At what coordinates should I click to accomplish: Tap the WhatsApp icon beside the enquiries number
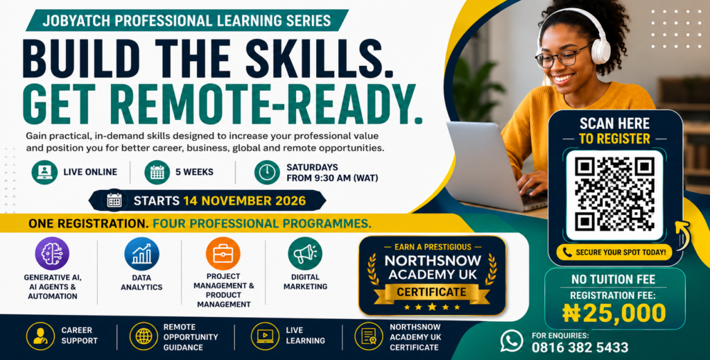pyautogui.click(x=512, y=341)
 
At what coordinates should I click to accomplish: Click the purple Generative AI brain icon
pyautogui.click(x=52, y=254)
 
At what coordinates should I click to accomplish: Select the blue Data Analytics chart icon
pyautogui.click(x=141, y=254)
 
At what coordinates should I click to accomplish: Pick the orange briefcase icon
pyautogui.click(x=223, y=254)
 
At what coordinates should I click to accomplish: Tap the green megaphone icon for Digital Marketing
pyautogui.click(x=305, y=254)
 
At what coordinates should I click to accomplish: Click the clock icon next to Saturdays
pyautogui.click(x=267, y=172)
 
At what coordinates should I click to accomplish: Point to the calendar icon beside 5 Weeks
pyautogui.click(x=157, y=172)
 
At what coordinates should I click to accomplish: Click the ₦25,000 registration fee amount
pyautogui.click(x=614, y=313)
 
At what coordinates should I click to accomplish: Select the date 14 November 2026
pyautogui.click(x=245, y=200)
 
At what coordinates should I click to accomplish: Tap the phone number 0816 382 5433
pyautogui.click(x=580, y=348)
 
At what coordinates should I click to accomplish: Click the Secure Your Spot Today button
pyautogui.click(x=614, y=252)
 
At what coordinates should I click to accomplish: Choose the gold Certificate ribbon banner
pyautogui.click(x=431, y=293)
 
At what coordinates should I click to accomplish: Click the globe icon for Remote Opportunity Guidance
pyautogui.click(x=144, y=336)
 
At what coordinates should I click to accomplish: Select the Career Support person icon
pyautogui.click(x=40, y=336)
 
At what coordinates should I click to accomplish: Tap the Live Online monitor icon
pyautogui.click(x=44, y=172)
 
